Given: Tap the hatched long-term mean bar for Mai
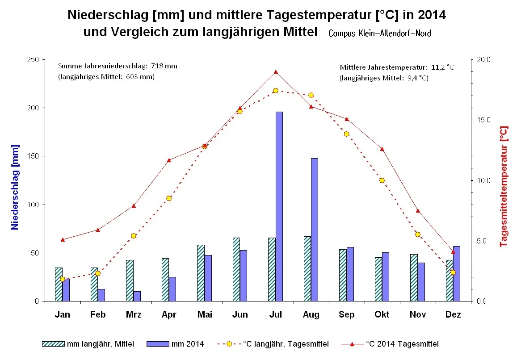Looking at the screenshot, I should click(x=201, y=273).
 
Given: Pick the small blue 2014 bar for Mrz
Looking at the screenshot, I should click(x=137, y=296).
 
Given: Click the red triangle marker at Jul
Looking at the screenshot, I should click(x=276, y=72).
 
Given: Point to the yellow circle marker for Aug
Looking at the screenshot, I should click(x=311, y=95).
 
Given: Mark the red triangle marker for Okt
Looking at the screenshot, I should click(x=382, y=149).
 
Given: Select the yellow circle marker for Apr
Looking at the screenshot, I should click(x=169, y=198).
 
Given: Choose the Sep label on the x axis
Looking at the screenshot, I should click(x=346, y=315).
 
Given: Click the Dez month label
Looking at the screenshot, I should click(x=453, y=315).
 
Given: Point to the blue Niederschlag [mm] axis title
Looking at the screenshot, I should click(x=15, y=187).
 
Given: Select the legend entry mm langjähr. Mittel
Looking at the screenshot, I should click(x=88, y=344).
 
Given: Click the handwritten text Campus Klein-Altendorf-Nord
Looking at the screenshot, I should click(x=380, y=33).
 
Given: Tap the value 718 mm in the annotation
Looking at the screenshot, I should click(x=164, y=66).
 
